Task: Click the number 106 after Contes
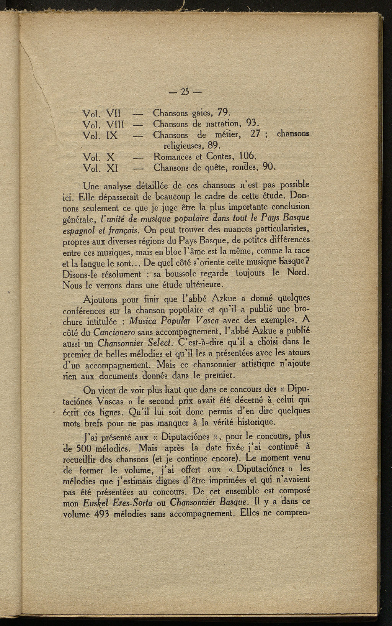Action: [x=247, y=156]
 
